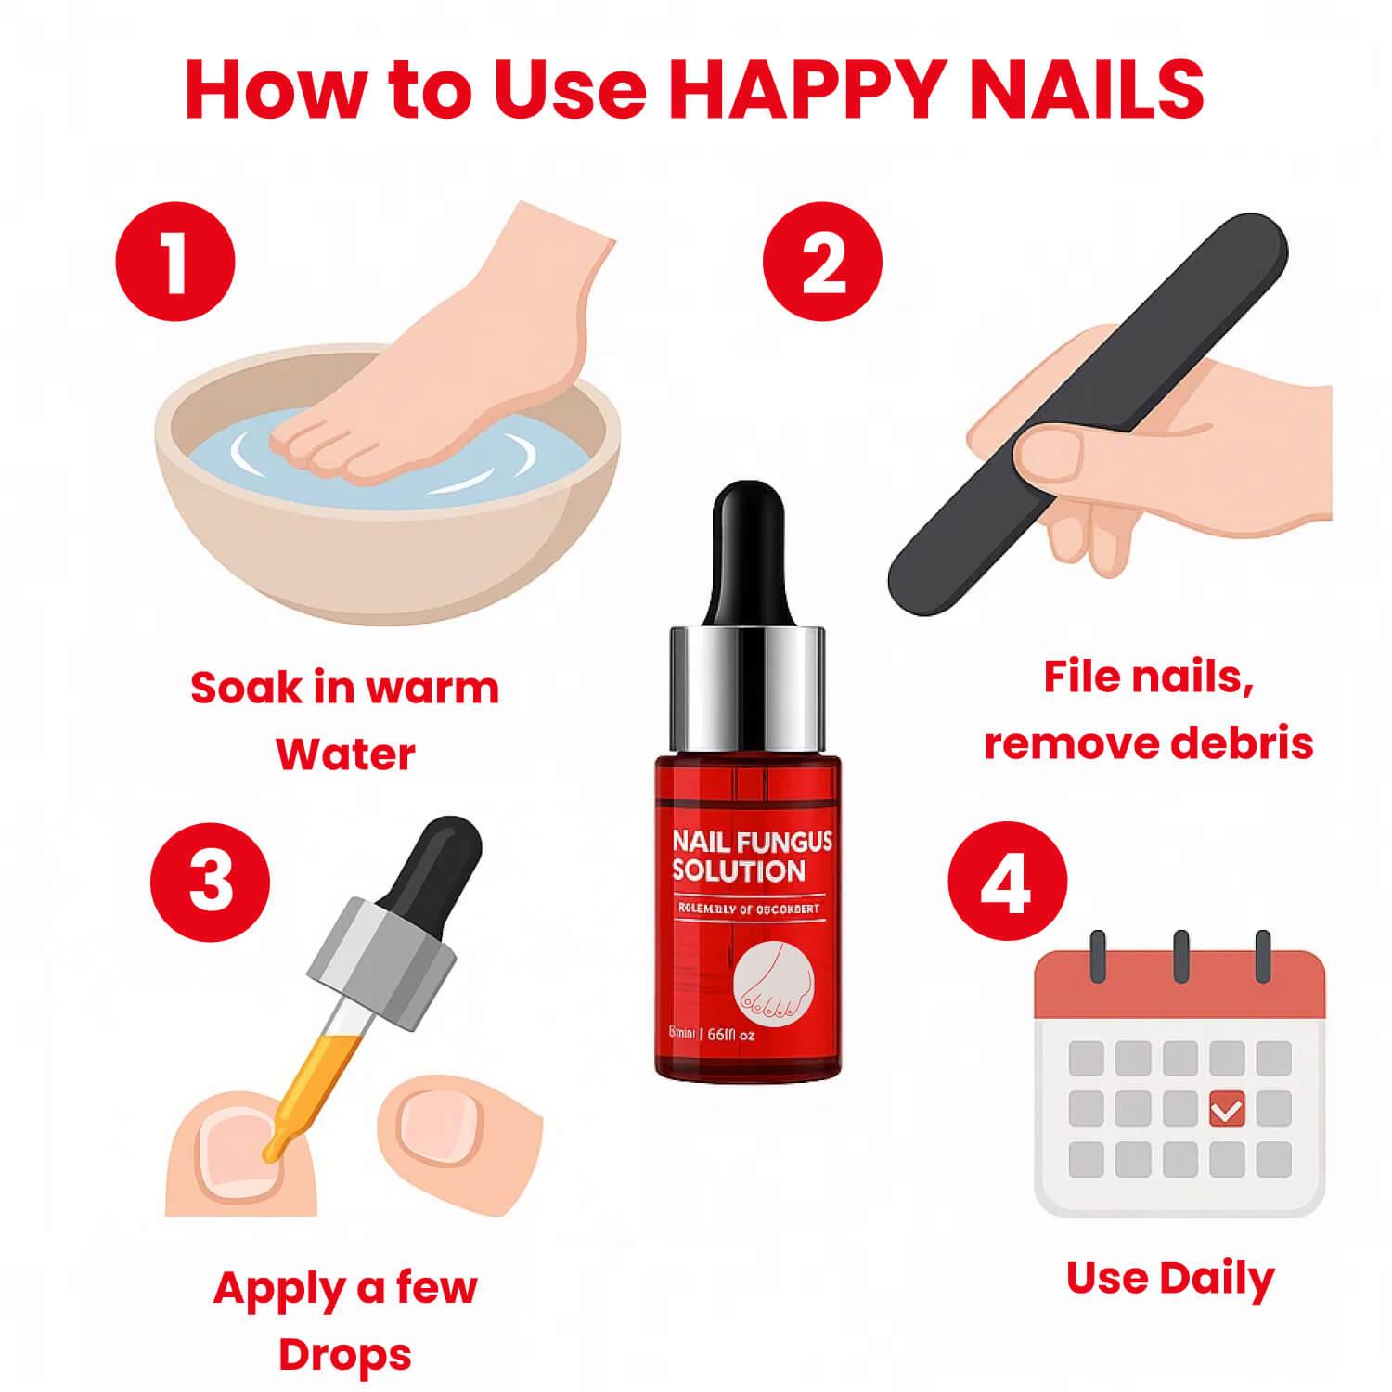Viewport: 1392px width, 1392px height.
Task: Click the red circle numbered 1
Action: (175, 262)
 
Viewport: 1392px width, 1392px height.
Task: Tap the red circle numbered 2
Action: (822, 262)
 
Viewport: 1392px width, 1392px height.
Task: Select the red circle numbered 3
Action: (210, 881)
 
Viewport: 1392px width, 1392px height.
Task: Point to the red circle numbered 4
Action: (1007, 881)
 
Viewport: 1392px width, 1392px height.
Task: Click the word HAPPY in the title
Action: (807, 90)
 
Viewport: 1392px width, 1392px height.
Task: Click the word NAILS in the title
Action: (1086, 90)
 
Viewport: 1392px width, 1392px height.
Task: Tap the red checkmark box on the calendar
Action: (1227, 1109)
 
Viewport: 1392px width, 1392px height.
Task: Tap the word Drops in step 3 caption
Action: (345, 1355)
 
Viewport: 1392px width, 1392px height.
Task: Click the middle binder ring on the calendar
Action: (1180, 956)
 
